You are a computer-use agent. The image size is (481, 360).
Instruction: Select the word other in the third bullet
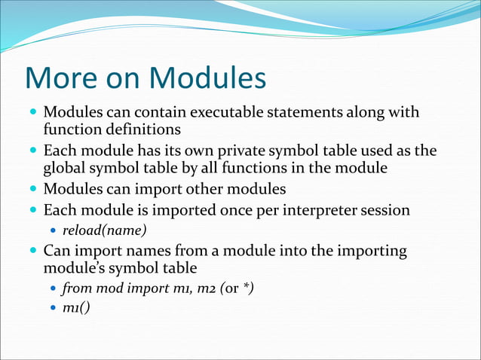click(197, 188)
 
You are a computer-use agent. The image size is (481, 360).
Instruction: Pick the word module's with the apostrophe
click(76, 267)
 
